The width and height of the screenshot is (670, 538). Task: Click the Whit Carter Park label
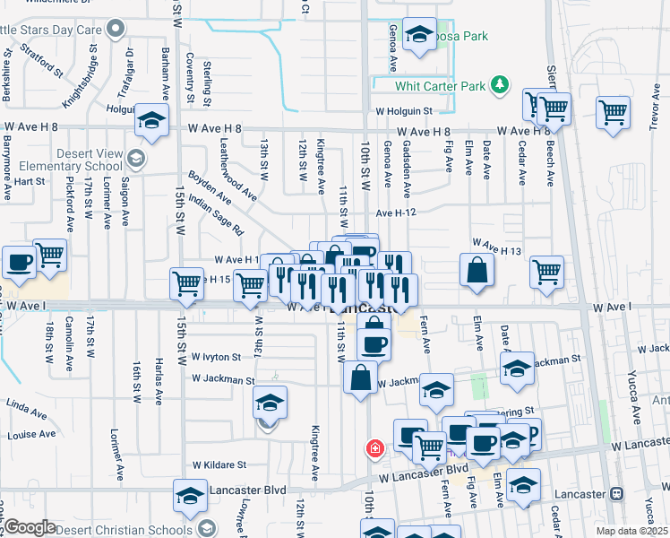[x=440, y=86]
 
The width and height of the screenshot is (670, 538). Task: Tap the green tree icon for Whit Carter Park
[x=500, y=86]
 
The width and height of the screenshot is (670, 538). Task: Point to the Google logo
[x=30, y=527]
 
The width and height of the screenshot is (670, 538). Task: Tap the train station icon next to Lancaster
[x=616, y=494]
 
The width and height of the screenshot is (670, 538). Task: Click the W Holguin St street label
[x=403, y=112]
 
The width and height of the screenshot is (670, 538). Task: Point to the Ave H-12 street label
[x=397, y=213]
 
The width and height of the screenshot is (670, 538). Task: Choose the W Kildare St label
[x=219, y=465]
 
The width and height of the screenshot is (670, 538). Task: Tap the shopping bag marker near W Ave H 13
[x=477, y=268]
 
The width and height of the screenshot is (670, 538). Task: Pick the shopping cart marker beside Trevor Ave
[x=614, y=112]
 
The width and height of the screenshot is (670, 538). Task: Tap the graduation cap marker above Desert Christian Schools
[x=191, y=496]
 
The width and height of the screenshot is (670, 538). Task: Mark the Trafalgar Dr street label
[x=125, y=72]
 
